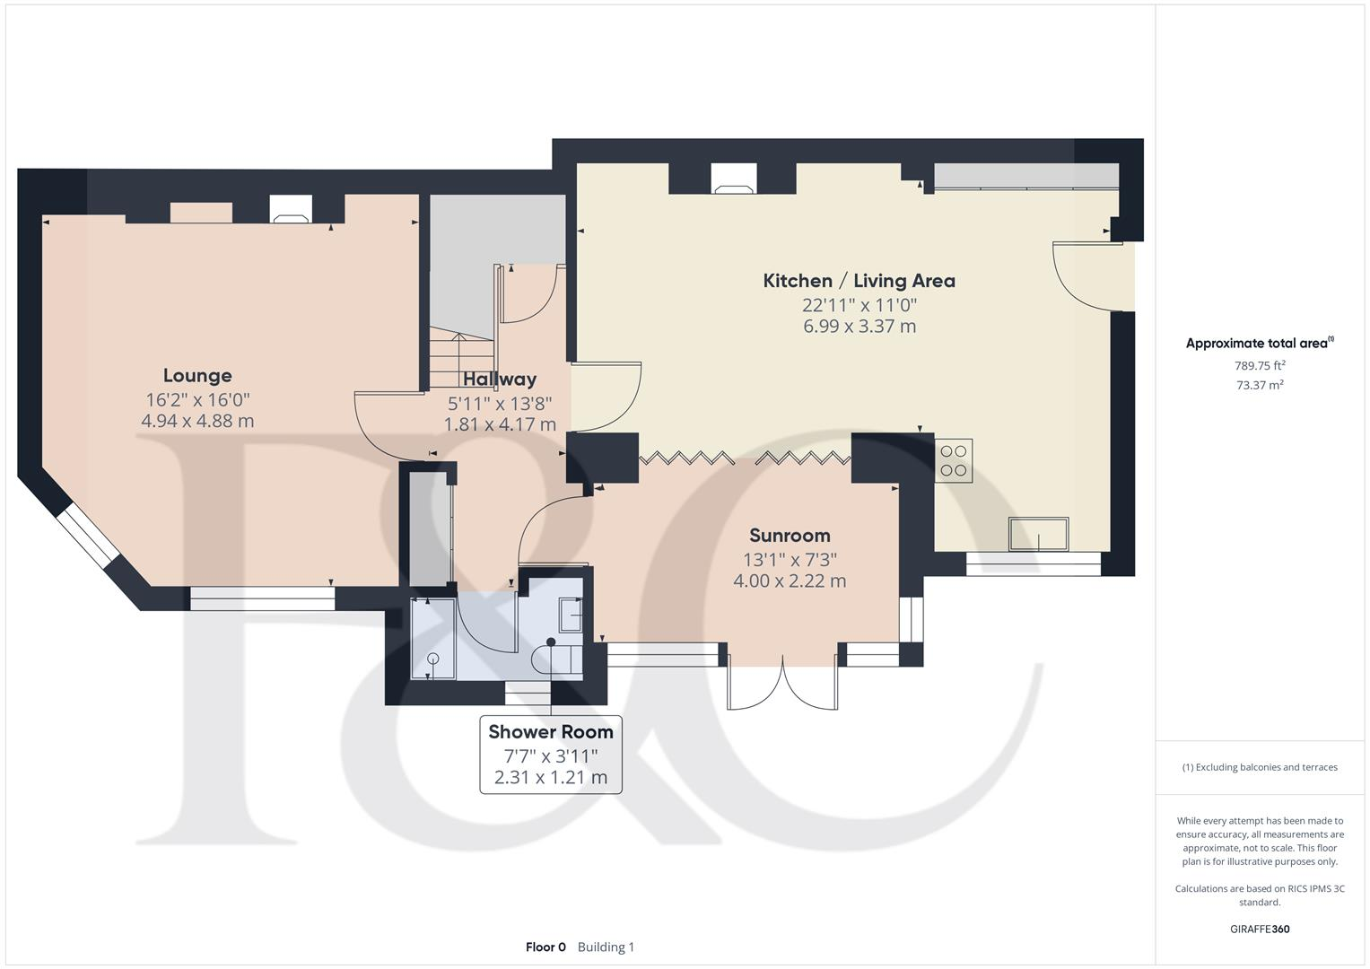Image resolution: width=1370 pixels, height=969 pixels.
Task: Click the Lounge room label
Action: (x=197, y=375)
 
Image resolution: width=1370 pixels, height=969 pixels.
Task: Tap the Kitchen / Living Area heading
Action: (x=859, y=281)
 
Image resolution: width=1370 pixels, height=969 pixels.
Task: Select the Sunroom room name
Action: (x=790, y=536)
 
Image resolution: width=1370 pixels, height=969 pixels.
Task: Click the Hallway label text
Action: (x=500, y=379)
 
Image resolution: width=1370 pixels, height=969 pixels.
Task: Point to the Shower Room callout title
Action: (x=551, y=732)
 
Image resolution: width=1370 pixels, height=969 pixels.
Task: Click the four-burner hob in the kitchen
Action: (x=954, y=461)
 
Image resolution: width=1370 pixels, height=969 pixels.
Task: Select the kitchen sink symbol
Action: (x=1039, y=534)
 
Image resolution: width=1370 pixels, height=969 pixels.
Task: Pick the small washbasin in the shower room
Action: (x=571, y=615)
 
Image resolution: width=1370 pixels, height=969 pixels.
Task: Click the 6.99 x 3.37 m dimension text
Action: (x=859, y=327)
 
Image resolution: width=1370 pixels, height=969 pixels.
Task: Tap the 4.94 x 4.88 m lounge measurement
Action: (x=197, y=421)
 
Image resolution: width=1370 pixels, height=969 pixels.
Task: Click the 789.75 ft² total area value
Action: (x=1260, y=365)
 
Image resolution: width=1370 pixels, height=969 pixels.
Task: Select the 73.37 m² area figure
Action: (x=1260, y=385)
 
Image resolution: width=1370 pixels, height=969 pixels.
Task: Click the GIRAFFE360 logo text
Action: (x=1259, y=929)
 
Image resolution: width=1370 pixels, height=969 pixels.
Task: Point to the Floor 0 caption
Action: (x=545, y=947)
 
